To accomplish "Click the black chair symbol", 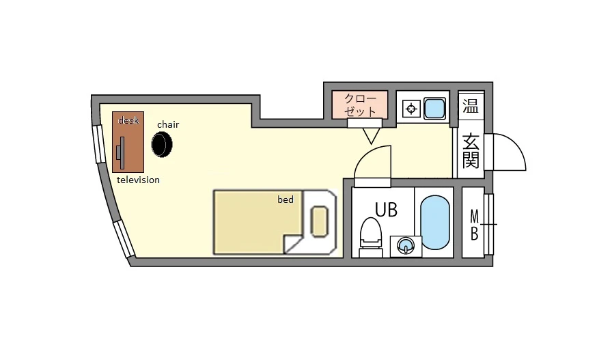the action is [162, 144].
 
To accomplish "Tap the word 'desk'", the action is [128, 120].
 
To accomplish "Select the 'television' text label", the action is [138, 180].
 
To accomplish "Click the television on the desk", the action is [121, 152].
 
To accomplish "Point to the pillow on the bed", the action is [319, 221].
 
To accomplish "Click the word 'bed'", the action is [286, 199].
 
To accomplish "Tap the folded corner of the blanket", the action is [293, 244].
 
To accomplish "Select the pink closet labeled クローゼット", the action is [360, 105].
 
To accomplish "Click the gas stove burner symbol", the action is [411, 109].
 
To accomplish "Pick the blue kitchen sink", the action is [434, 108].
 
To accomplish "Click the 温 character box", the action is [471, 106].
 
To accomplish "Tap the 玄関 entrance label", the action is [471, 151].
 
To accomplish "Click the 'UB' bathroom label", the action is [386, 210].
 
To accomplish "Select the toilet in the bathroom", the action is [370, 237].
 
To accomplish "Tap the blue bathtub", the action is [435, 222].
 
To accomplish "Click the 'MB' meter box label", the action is [474, 225].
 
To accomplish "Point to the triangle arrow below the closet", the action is [371, 136].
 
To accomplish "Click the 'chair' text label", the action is [168, 124].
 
